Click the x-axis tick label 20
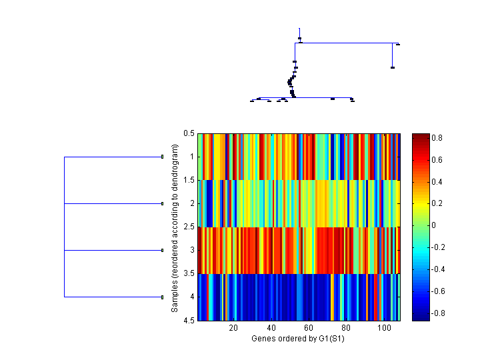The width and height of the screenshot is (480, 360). [x=233, y=328]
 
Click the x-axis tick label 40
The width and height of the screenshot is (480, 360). [x=271, y=328]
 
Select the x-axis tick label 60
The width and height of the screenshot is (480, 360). [x=309, y=328]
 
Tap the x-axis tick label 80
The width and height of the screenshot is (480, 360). [x=347, y=328]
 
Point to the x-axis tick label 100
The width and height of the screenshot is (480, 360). [x=384, y=328]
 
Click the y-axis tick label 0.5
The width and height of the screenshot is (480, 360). [x=189, y=133]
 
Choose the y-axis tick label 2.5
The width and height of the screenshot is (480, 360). [x=189, y=227]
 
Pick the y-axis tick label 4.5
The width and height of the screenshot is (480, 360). [x=189, y=320]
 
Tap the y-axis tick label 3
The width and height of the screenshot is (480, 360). [x=192, y=250]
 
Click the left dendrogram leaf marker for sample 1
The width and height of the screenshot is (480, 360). [x=162, y=157]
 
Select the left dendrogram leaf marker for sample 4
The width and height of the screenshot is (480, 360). [x=162, y=297]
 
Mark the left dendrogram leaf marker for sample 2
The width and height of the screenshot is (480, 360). [x=162, y=203]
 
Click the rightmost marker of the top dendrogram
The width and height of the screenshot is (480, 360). [x=397, y=44]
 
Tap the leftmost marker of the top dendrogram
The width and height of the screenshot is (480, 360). [x=252, y=101]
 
